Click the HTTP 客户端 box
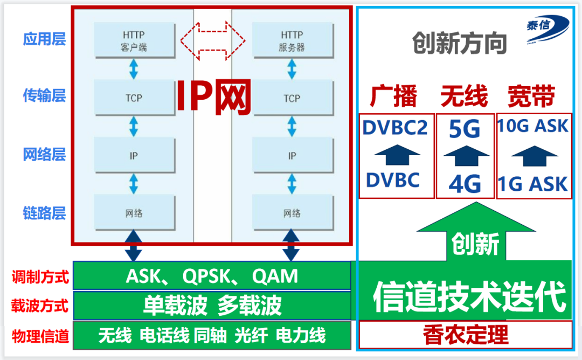[x=134, y=40]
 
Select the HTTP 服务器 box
[x=292, y=40]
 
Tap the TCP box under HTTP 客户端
[x=134, y=98]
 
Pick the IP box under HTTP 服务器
[x=292, y=156]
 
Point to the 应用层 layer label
[x=44, y=39]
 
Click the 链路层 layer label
[x=44, y=212]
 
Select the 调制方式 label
[x=40, y=278]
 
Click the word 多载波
[x=250, y=306]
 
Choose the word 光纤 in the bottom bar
[x=251, y=336]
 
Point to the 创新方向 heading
[x=460, y=44]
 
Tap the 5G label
[x=465, y=129]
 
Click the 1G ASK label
[x=533, y=184]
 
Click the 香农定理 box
[x=465, y=335]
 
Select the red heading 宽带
[x=531, y=98]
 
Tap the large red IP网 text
[x=214, y=98]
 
